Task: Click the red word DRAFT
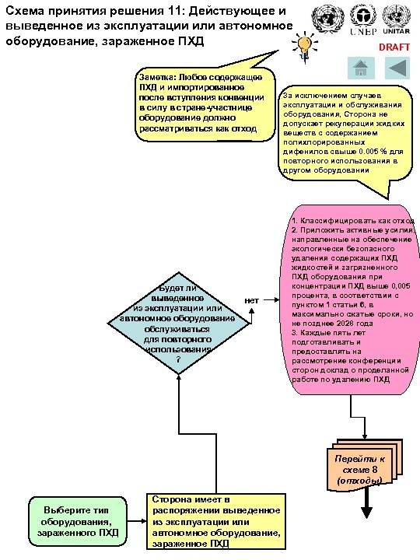[x=394, y=47]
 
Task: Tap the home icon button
[x=360, y=68]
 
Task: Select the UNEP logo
[x=364, y=25]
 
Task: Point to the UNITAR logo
[x=397, y=25]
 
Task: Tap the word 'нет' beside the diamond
[x=251, y=299]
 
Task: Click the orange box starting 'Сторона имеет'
[x=215, y=520]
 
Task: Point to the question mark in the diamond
[x=179, y=359]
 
